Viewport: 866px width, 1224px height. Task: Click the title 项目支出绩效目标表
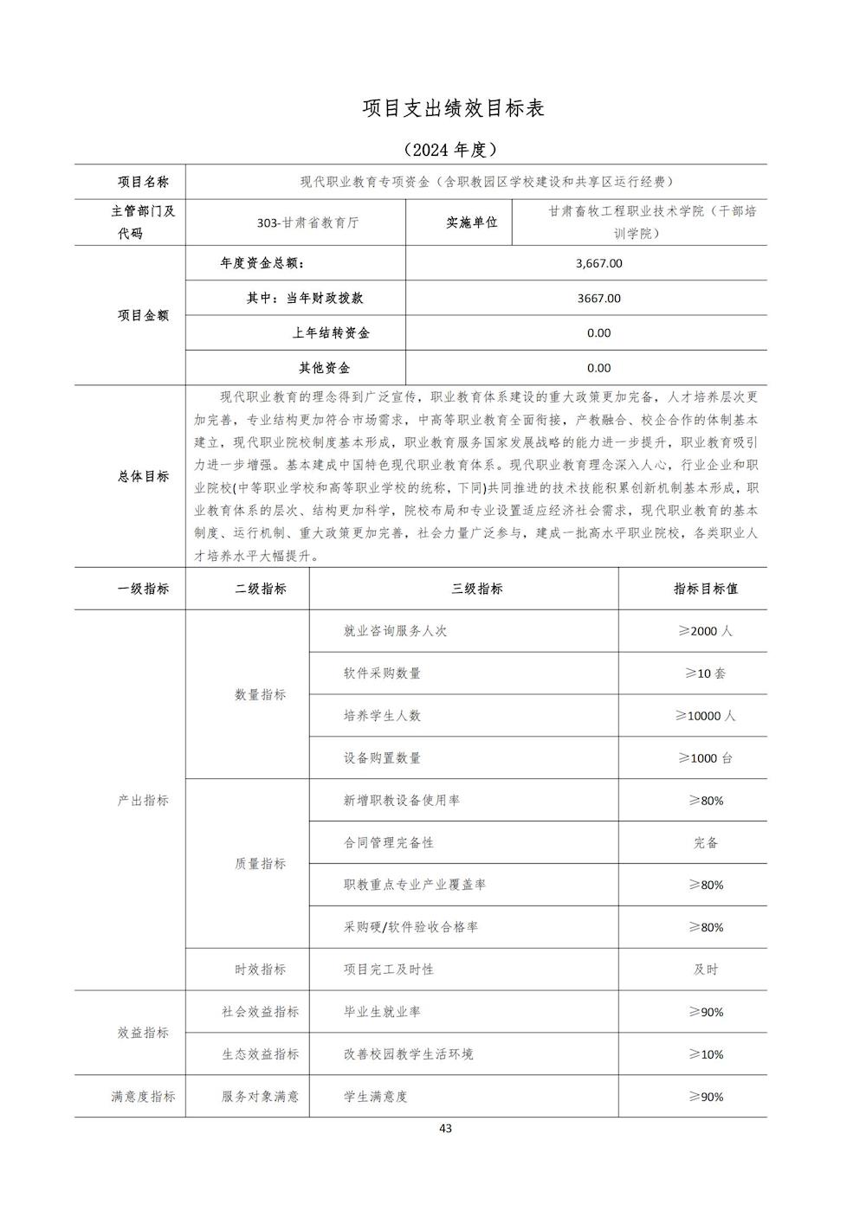pos(454,108)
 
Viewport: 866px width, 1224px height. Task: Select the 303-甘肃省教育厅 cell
pos(307,222)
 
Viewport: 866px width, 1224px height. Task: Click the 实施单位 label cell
pos(472,222)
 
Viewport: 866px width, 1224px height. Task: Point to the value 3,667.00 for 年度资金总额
pos(598,263)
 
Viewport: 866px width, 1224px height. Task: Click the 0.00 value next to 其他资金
pos(598,368)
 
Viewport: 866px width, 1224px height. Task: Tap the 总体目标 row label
pos(143,476)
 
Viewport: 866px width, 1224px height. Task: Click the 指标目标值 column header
pos(706,589)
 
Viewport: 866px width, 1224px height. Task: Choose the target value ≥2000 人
pos(706,631)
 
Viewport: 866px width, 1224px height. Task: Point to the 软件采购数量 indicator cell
pos(382,673)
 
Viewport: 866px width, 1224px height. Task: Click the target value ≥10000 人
pos(706,716)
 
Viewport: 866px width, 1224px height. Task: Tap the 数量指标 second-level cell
pos(260,694)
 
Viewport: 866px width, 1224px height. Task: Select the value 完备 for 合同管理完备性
pos(706,842)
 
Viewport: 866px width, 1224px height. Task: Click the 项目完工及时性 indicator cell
pos(389,970)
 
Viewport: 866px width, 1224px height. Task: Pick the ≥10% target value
pos(706,1054)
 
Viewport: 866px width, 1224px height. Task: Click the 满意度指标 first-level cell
pos(143,1097)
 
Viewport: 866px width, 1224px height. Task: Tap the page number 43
pos(445,1128)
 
